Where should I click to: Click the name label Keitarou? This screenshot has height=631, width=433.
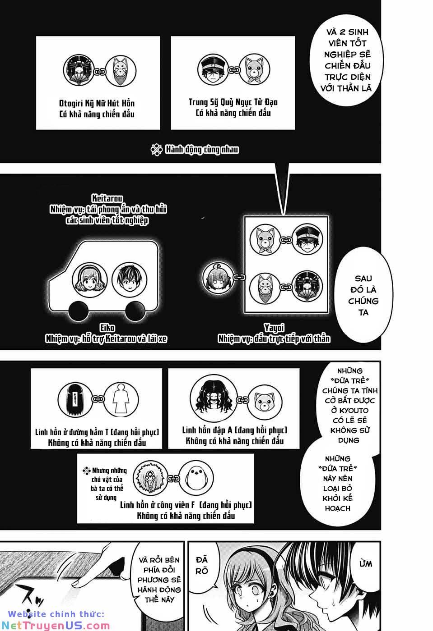107,198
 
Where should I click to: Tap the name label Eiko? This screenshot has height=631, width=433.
107,328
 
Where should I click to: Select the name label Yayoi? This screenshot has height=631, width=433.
274,328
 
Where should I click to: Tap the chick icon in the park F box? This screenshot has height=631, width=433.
196,478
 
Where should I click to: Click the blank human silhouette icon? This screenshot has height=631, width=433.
121,399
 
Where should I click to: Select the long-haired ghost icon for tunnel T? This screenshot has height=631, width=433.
75,399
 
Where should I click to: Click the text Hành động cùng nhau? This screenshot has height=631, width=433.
201,150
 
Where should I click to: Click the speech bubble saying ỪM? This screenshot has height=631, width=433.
365,564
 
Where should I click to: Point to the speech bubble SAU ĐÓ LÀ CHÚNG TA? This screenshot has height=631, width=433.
363,296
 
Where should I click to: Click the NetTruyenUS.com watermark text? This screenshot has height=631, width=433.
56,626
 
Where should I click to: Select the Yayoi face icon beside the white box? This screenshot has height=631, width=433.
218,277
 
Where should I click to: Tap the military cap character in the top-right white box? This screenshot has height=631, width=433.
213,69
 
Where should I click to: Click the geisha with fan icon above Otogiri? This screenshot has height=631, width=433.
79,70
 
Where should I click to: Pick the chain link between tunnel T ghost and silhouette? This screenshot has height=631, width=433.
98,399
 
